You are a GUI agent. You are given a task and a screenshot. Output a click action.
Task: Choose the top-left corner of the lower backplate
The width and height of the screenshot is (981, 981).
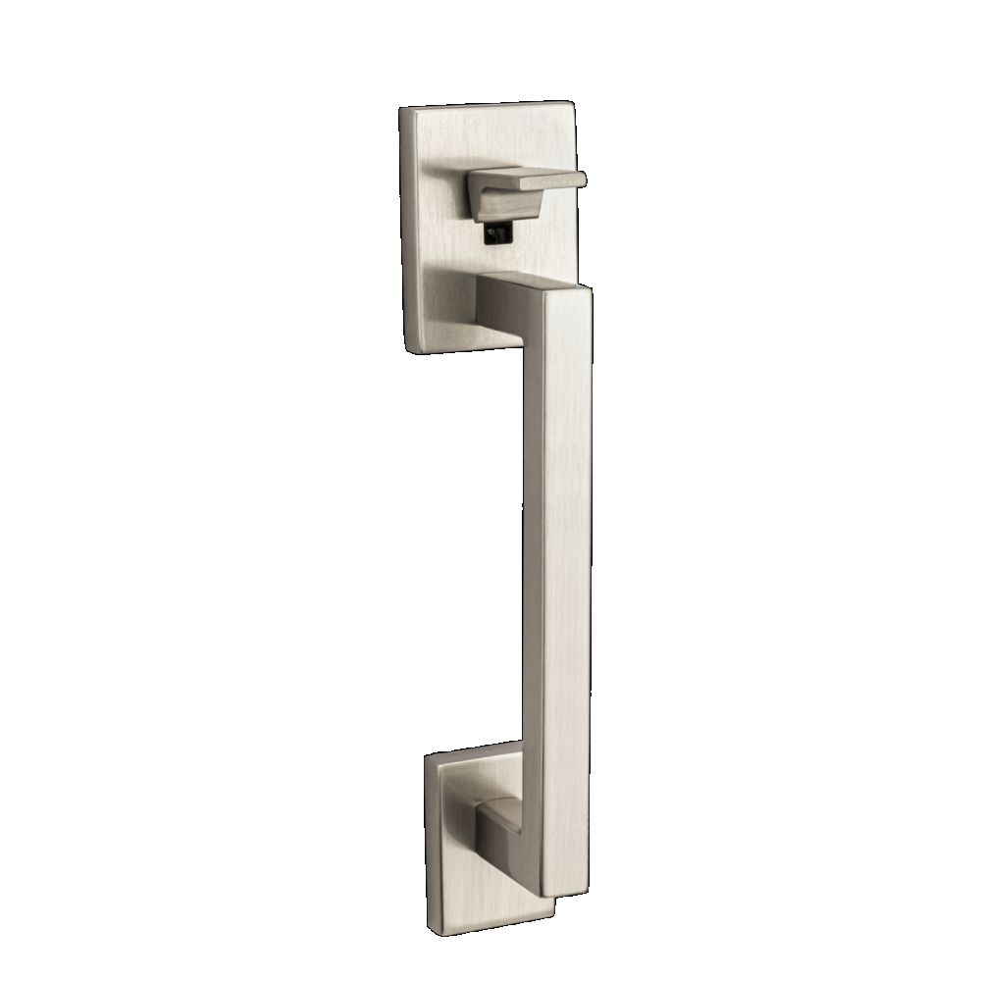(x=428, y=757)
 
